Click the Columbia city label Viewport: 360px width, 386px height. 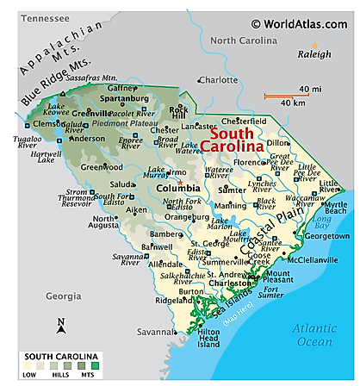(x=179, y=187)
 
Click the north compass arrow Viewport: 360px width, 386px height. (x=61, y=325)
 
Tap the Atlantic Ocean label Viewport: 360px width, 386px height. (x=318, y=333)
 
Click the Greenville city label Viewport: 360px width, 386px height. (x=94, y=111)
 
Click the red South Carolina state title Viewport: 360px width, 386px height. (x=233, y=141)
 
